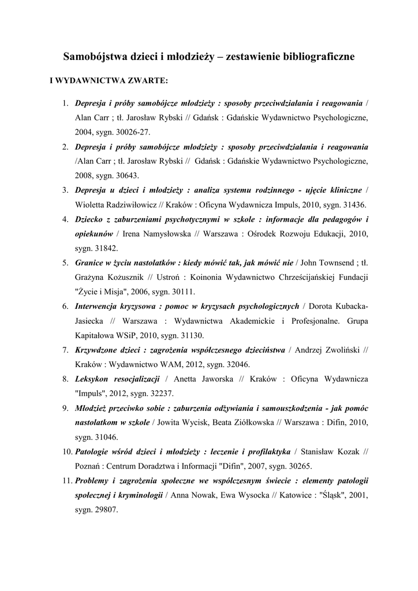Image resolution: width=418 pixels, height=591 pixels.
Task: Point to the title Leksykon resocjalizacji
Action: tap(117, 379)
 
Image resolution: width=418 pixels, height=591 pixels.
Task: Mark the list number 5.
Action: tap(66, 263)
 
